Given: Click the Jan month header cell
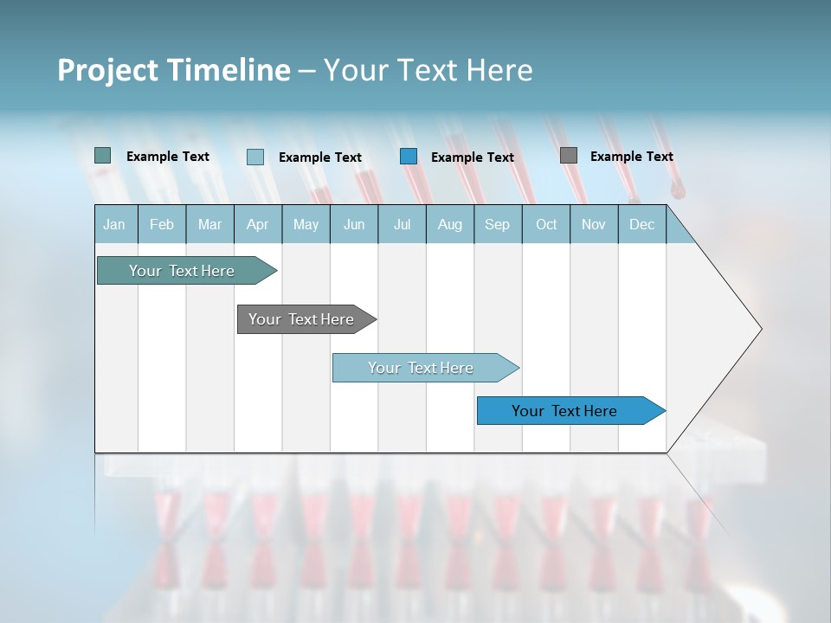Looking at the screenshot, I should (x=115, y=224).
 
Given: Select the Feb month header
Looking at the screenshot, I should (x=162, y=224).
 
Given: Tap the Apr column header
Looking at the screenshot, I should (x=258, y=224).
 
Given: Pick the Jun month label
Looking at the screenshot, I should (x=354, y=224).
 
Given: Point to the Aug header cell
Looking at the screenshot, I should (x=450, y=224).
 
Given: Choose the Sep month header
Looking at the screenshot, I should (x=498, y=224).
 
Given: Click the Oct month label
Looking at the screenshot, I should (x=546, y=224).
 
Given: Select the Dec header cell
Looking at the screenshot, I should (x=642, y=224).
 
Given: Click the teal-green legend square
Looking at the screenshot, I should (x=103, y=156).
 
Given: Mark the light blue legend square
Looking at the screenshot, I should (x=255, y=157).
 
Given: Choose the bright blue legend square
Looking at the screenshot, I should (x=409, y=157).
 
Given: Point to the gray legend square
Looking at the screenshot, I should (x=569, y=156).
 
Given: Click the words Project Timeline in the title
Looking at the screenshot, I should (x=173, y=70).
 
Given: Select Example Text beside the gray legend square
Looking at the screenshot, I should (x=631, y=157).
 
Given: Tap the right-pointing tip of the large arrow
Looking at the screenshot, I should (x=758, y=329).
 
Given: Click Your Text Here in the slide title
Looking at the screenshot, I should (x=428, y=70).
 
